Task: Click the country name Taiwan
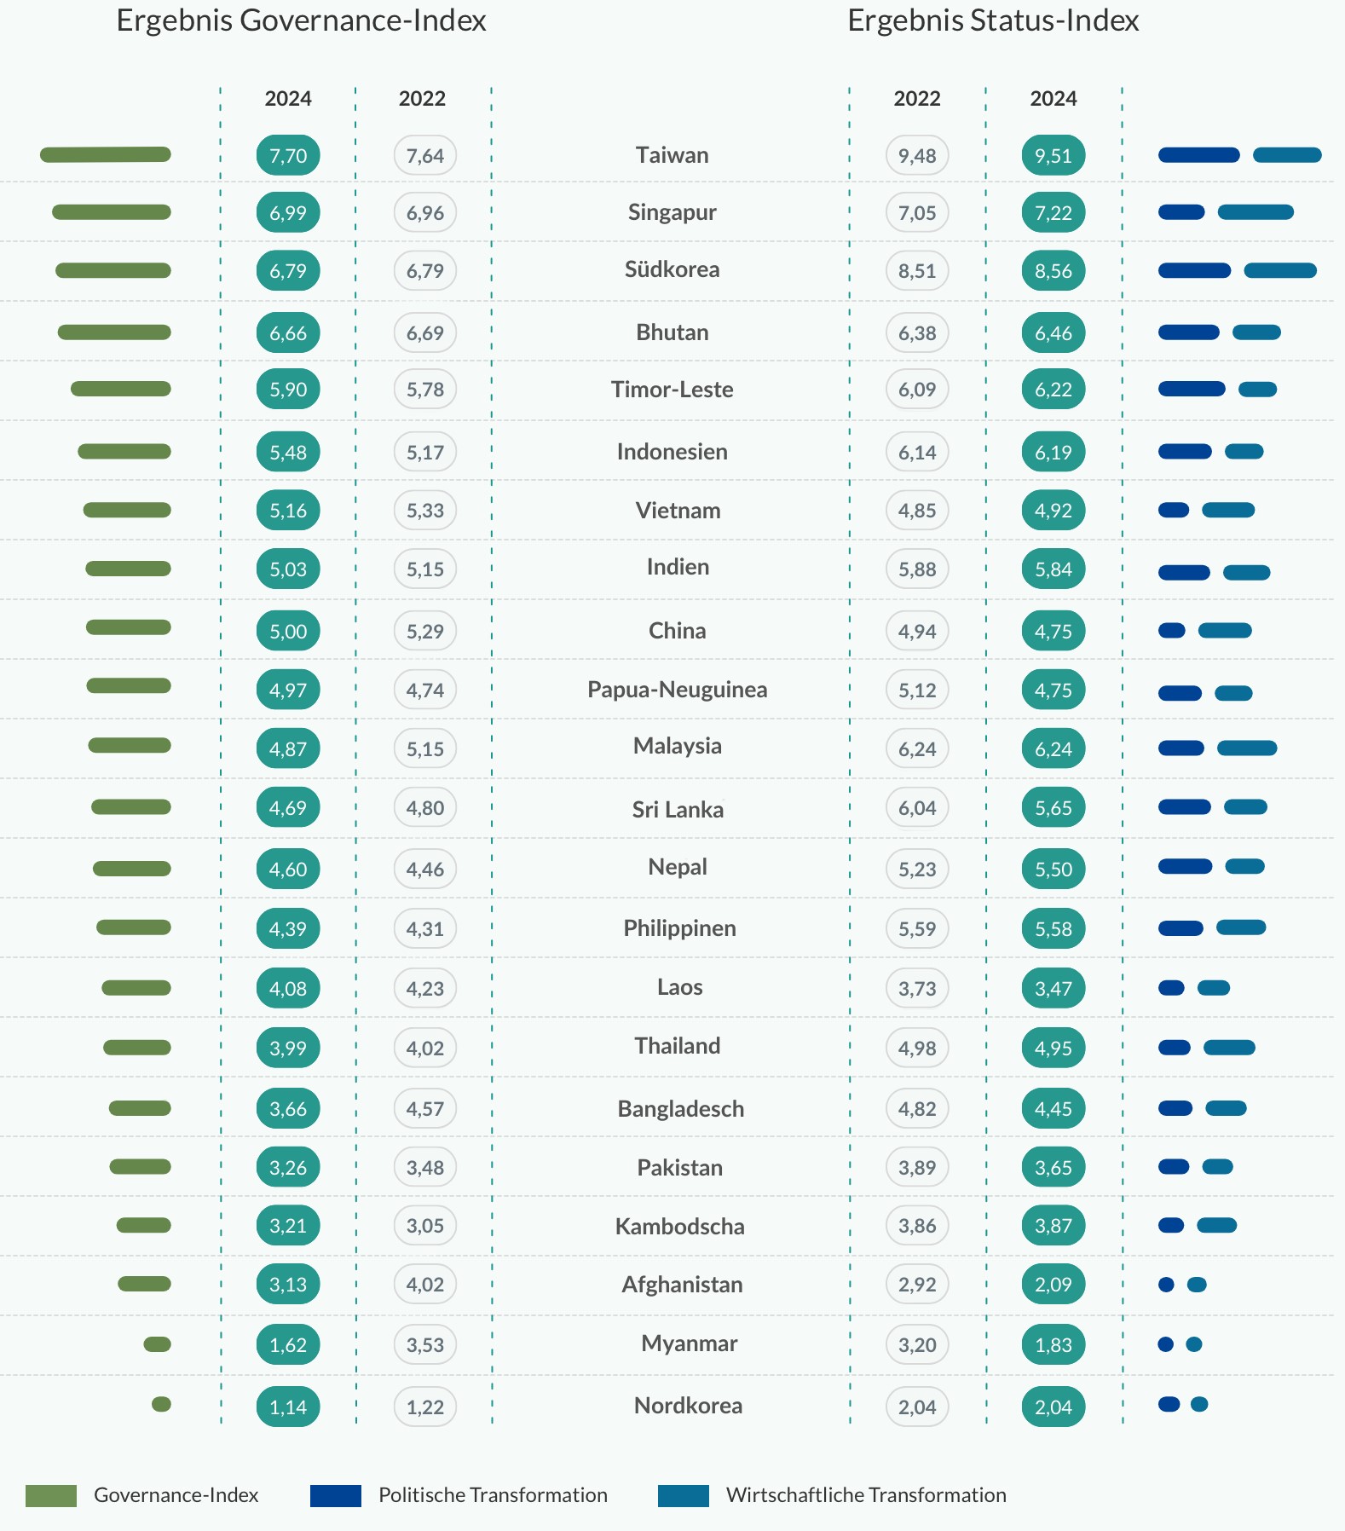click(672, 155)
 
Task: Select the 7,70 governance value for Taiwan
click(288, 155)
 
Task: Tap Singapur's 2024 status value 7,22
click(1053, 212)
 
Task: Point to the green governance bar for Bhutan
click(114, 332)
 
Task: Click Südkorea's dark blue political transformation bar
click(1194, 271)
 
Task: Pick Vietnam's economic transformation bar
click(1228, 511)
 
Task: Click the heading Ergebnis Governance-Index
click(301, 20)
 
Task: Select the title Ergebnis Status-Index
click(993, 20)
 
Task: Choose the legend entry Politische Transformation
click(493, 1495)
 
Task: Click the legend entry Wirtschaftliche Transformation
click(866, 1495)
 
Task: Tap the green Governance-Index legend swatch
click(51, 1495)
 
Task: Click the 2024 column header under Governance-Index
click(288, 99)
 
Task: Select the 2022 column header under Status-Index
click(917, 99)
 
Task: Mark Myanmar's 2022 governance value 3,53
click(425, 1344)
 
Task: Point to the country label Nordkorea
click(688, 1406)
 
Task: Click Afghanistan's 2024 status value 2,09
click(1053, 1285)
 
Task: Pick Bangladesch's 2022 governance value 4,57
click(425, 1108)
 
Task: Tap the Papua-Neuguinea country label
click(678, 690)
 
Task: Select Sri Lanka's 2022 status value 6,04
click(917, 807)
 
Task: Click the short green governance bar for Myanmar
click(158, 1344)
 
